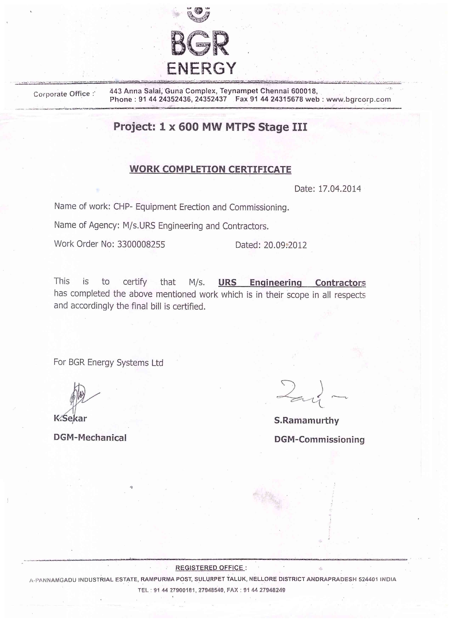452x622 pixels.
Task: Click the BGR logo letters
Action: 200,43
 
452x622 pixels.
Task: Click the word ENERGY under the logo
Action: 201,69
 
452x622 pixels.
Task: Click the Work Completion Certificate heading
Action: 210,169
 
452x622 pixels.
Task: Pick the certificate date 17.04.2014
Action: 339,189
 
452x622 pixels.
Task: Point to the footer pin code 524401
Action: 368,579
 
